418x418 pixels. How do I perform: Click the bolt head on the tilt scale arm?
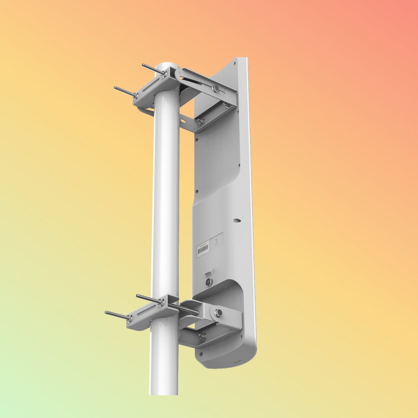[x=216, y=88]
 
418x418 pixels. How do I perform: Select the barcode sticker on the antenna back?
[x=202, y=249]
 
